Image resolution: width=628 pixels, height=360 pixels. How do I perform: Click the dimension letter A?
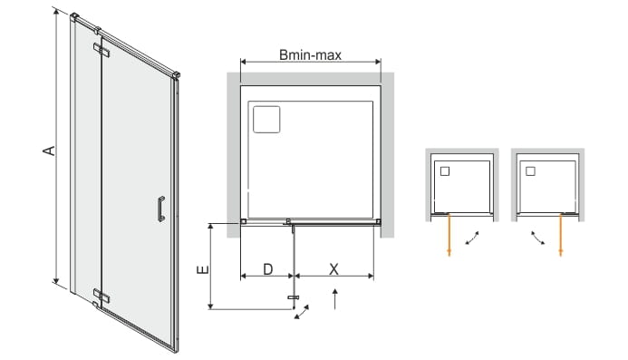[x=49, y=151]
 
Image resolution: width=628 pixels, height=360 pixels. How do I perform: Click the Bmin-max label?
[x=311, y=54]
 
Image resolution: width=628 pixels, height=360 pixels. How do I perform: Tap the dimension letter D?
[x=268, y=269]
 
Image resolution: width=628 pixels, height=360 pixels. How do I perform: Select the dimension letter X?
[x=333, y=269]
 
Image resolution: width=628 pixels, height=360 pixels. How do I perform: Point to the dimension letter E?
[x=203, y=269]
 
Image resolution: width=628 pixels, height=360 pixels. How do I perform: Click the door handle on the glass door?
[x=161, y=209]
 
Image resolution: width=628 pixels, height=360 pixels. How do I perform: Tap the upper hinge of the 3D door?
[x=101, y=49]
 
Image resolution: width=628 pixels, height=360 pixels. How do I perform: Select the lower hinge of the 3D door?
[x=101, y=296]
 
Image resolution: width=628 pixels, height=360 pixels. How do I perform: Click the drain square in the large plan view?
[x=266, y=119]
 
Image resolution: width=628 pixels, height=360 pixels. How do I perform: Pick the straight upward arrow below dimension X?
[x=334, y=298]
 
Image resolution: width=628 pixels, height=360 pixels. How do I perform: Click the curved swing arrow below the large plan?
[x=302, y=312]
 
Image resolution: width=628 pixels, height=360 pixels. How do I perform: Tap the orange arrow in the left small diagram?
[x=449, y=235]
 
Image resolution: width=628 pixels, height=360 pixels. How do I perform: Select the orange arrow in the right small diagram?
[x=560, y=235]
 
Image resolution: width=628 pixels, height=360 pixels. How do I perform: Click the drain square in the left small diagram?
[x=445, y=171]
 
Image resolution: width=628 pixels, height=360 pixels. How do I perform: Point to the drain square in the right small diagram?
[x=530, y=171]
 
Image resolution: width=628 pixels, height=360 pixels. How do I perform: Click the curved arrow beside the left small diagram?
[x=473, y=238]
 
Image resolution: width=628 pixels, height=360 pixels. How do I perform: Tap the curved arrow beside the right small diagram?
[x=538, y=238]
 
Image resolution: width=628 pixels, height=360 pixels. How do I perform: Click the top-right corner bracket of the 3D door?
[x=176, y=74]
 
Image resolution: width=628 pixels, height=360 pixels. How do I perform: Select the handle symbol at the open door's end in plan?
[x=294, y=297]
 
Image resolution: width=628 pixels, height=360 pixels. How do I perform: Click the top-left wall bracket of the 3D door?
[x=75, y=16]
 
